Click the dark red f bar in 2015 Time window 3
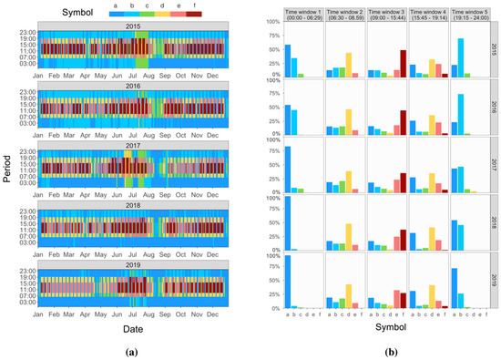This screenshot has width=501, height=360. click(403, 64)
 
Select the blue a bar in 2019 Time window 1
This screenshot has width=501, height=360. click(288, 282)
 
